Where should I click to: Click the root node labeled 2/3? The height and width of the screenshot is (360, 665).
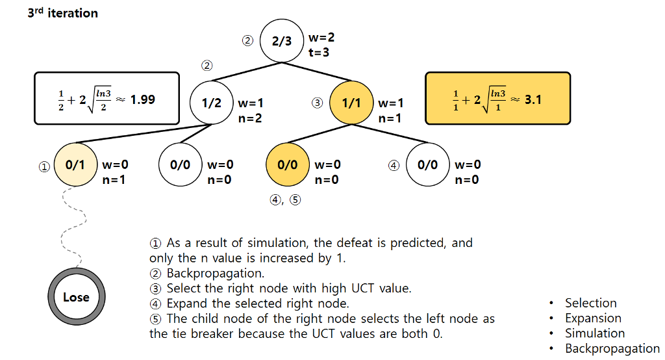(x=282, y=41)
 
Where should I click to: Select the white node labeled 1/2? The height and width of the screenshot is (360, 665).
(x=211, y=103)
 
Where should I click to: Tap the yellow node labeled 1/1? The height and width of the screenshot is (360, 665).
(x=351, y=103)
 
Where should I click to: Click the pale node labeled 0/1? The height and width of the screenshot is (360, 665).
(x=75, y=164)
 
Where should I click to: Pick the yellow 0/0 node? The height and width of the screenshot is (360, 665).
(x=288, y=164)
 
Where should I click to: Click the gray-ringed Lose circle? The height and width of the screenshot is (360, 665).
(x=76, y=297)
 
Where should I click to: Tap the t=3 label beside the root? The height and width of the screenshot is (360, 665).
(x=319, y=53)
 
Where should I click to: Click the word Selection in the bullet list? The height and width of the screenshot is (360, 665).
(x=590, y=303)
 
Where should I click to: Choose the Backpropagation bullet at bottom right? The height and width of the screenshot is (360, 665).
(x=612, y=349)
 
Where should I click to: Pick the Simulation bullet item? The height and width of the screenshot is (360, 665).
(x=594, y=333)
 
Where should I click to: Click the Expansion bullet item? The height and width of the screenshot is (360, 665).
(x=593, y=318)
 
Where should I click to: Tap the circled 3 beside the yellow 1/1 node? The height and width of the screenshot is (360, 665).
(x=317, y=103)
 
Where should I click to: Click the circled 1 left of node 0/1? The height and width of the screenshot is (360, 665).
(x=44, y=166)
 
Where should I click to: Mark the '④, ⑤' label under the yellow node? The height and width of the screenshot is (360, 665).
(x=285, y=200)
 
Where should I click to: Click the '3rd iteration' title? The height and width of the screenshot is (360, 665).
(x=62, y=13)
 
